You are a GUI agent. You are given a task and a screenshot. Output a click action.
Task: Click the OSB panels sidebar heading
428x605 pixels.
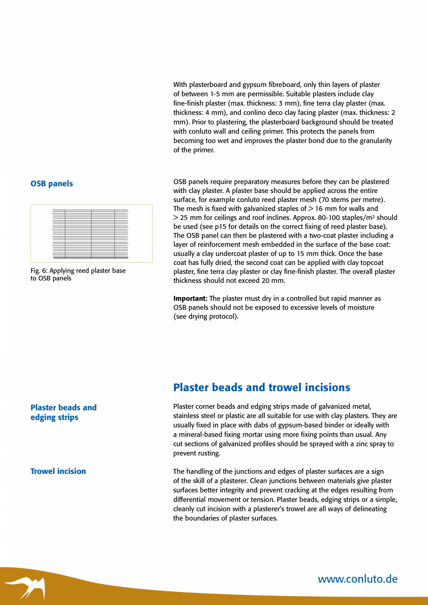pos(52,184)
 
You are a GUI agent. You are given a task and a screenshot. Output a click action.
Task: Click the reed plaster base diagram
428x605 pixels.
pos(91,233)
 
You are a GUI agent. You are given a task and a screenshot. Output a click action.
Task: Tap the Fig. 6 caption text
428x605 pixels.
pos(78,274)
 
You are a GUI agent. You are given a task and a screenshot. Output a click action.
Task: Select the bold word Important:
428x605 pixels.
pos(190,299)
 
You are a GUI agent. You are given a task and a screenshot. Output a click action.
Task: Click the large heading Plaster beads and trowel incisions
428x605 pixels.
pos(261,387)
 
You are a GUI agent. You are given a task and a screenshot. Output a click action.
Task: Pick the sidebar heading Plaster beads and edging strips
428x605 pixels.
pos(63,412)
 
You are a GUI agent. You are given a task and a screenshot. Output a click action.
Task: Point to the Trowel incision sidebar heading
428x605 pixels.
pos(58,472)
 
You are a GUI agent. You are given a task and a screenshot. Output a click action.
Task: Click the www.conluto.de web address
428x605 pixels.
pos(357,579)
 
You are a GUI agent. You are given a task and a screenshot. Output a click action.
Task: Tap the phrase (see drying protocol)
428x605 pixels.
pos(206,317)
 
